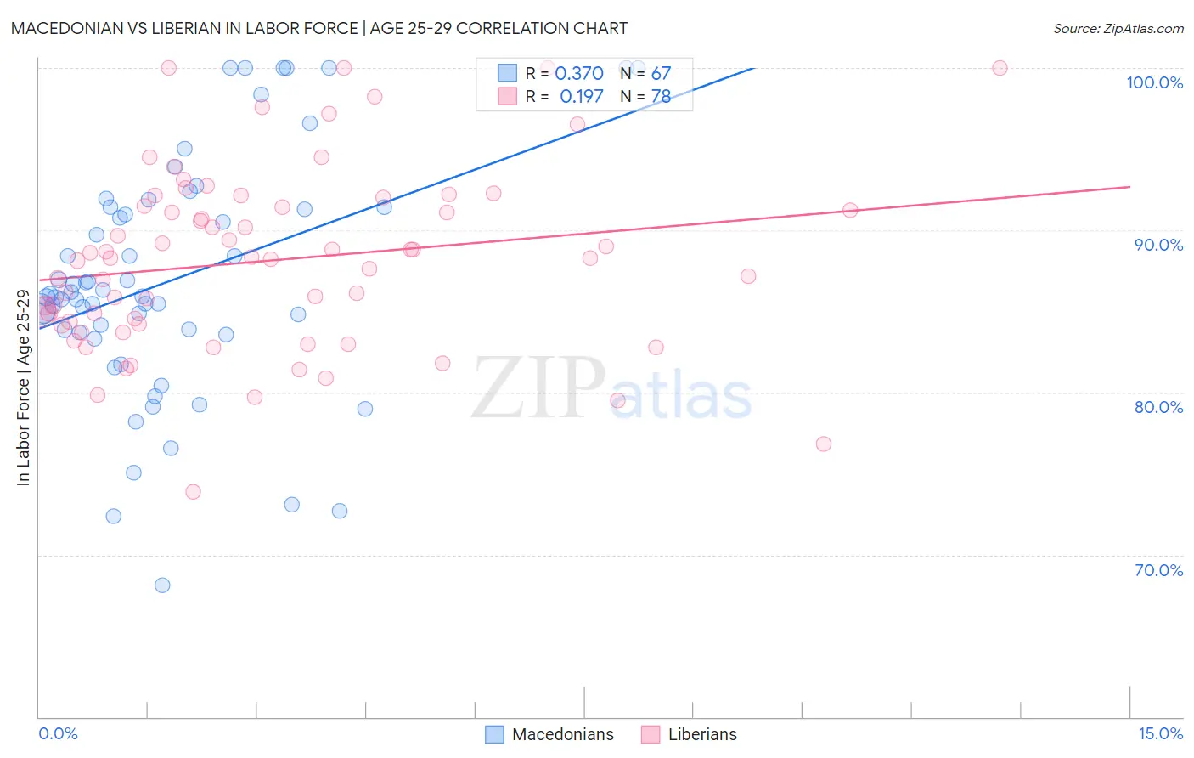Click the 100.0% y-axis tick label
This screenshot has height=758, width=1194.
1154,82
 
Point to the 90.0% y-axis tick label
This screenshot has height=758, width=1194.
1158,245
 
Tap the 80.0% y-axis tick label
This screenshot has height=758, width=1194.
1158,407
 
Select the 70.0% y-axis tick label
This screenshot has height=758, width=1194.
1158,570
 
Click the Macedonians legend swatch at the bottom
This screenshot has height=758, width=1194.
494,735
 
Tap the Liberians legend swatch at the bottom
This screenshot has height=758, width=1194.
651,735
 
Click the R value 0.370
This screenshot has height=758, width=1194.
579,74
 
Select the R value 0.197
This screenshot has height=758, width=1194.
581,97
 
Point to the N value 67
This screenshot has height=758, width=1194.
661,74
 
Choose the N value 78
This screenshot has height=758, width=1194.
661,97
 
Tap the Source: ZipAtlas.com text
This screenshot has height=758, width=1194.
1118,29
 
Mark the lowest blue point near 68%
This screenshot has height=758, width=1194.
162,585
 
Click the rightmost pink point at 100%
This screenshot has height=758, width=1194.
1000,68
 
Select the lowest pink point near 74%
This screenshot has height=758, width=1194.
193,492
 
